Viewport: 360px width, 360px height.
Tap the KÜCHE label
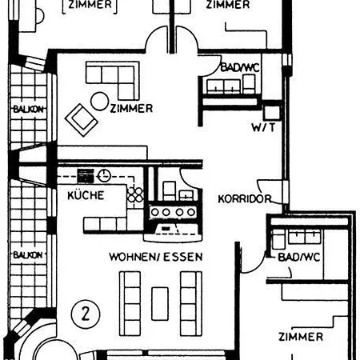86,195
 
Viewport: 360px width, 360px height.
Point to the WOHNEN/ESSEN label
156,257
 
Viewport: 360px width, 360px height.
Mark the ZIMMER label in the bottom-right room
301,337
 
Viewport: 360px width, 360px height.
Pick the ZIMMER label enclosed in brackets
90,5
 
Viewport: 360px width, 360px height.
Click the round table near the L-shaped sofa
100,102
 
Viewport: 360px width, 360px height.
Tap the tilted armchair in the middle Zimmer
82,119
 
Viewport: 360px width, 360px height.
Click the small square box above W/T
271,112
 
